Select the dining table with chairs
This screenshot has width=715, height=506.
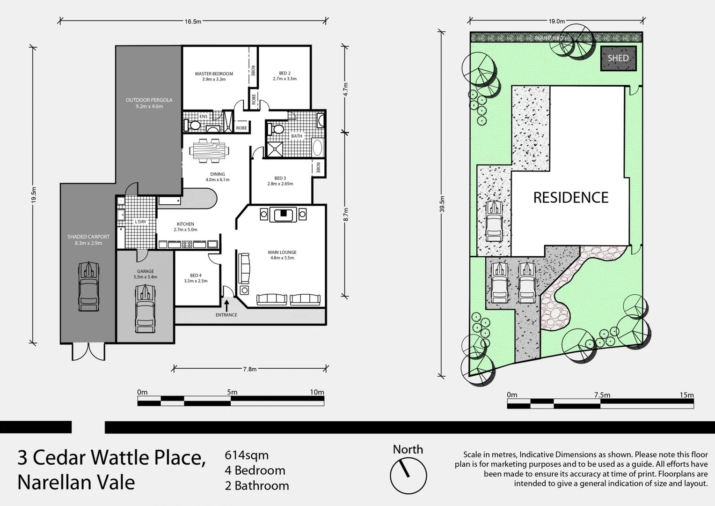click(x=210, y=150)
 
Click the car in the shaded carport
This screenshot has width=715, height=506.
click(x=88, y=286)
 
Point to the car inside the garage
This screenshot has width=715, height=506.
click(x=145, y=308)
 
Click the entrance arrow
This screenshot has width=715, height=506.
click(x=226, y=305)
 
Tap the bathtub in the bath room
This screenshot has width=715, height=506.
click(x=318, y=148)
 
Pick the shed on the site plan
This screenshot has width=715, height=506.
click(x=618, y=59)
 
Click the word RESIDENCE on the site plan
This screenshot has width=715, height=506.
click(x=570, y=198)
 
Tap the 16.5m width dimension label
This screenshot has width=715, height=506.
click(x=193, y=21)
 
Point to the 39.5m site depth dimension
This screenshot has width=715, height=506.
click(x=442, y=204)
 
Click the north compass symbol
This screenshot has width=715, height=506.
click(x=408, y=475)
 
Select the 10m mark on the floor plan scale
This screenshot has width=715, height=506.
click(x=317, y=392)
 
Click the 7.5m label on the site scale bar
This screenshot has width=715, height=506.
click(x=602, y=395)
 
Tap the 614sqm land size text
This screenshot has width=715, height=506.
click(x=247, y=455)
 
